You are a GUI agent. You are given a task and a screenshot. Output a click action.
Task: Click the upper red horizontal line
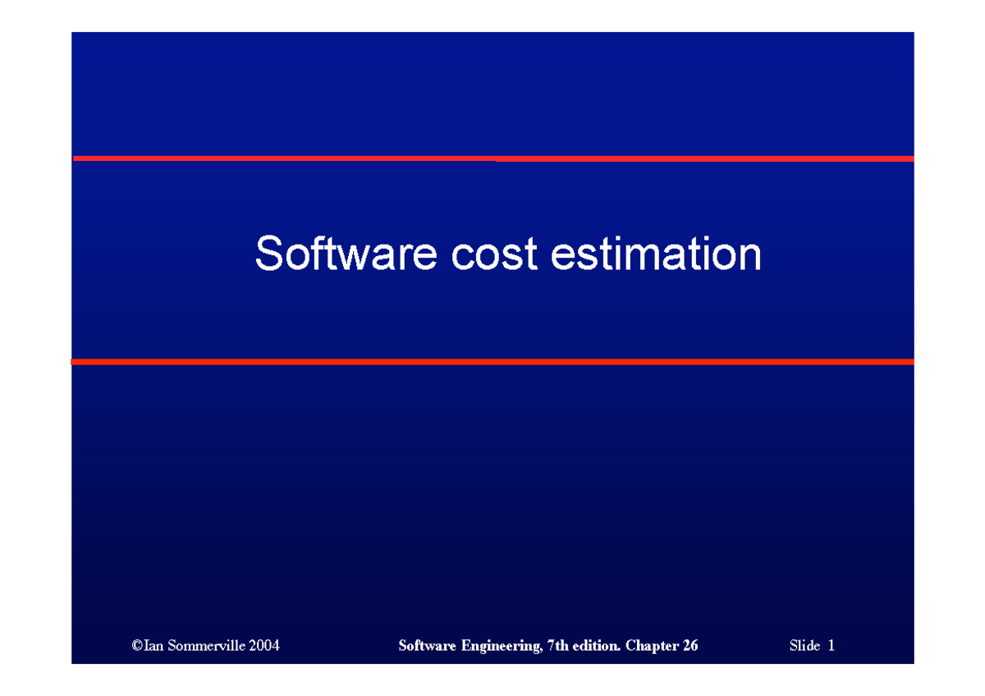[492, 158]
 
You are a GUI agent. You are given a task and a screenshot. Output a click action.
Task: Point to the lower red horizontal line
[492, 361]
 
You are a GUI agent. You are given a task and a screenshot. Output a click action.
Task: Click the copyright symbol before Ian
[135, 646]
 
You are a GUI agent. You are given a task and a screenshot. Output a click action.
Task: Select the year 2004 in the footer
[263, 646]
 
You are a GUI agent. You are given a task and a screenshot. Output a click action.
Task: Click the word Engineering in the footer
[499, 646]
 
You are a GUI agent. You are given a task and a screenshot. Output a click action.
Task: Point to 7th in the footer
[557, 646]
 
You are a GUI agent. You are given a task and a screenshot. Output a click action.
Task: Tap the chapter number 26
[689, 646]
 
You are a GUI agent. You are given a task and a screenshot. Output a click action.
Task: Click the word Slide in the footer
[804, 646]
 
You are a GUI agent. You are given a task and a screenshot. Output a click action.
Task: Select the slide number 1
[831, 646]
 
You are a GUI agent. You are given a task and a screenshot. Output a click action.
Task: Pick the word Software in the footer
[427, 646]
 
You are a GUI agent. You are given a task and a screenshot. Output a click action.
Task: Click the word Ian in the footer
[152, 646]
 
